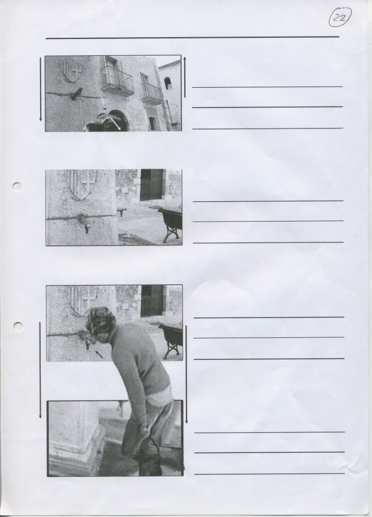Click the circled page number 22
pyautogui.click(x=339, y=17)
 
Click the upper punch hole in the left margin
pyautogui.click(x=17, y=186)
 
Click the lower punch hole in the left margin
pyautogui.click(x=18, y=326)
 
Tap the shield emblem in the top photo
pyautogui.click(x=73, y=70)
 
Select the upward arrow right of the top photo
pyautogui.click(x=185, y=77)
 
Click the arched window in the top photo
pyautogui.click(x=168, y=83)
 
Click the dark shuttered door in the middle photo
pyautogui.click(x=152, y=185)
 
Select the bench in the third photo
pyautogui.click(x=171, y=340)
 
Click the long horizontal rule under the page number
pyautogui.click(x=192, y=38)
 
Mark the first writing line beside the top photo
pyautogui.click(x=267, y=87)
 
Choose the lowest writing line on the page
pyautogui.click(x=270, y=474)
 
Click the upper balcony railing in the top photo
pyautogui.click(x=117, y=80)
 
